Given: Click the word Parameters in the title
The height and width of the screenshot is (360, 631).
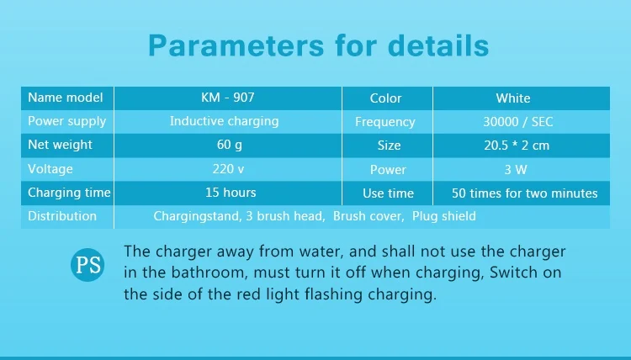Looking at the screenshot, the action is coord(236,45).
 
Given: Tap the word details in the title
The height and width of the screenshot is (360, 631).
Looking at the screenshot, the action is coord(438,45).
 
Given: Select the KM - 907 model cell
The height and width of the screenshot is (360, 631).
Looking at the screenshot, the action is coord(228,98).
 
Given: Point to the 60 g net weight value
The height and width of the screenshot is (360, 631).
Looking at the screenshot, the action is coord(230,145).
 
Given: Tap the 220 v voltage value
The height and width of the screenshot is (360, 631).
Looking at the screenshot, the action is coord(228,168).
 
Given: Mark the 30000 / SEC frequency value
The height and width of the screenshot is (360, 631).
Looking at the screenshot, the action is coord(518,122).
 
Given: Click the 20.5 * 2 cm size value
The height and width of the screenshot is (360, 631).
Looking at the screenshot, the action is coord(517,146).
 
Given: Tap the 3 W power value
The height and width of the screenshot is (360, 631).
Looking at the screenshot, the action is coord(516,169).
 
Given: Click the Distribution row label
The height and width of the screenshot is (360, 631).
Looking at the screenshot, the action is coord(62,216).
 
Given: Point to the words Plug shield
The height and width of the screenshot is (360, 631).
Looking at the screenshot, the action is coord(444,216).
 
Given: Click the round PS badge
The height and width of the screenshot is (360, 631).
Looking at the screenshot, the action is coord(87,265).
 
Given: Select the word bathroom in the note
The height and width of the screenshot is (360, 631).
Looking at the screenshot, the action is coord(208,273).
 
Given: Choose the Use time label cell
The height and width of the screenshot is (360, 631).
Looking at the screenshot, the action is coord(388,193).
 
